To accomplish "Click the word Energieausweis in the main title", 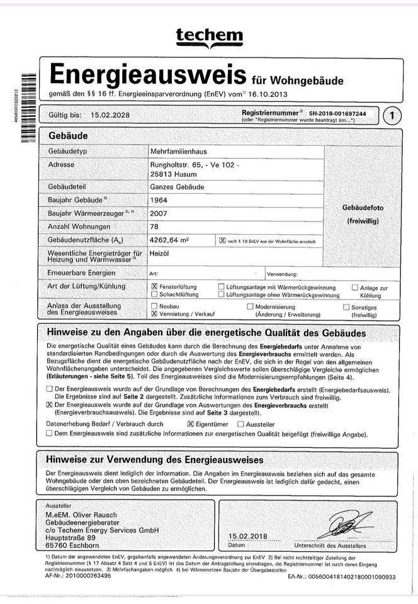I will coord(147,74).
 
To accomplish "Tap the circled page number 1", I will coord(392,115).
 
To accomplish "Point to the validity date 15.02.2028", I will coord(110,115).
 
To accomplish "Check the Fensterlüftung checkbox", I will coord(154,286).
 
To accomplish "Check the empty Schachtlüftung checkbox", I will coord(154,294).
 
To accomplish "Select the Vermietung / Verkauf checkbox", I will coord(154,313).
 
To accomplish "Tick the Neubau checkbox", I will coord(154,306).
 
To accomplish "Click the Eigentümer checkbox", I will coord(191,424).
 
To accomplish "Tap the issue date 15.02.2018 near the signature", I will coord(248,536).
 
